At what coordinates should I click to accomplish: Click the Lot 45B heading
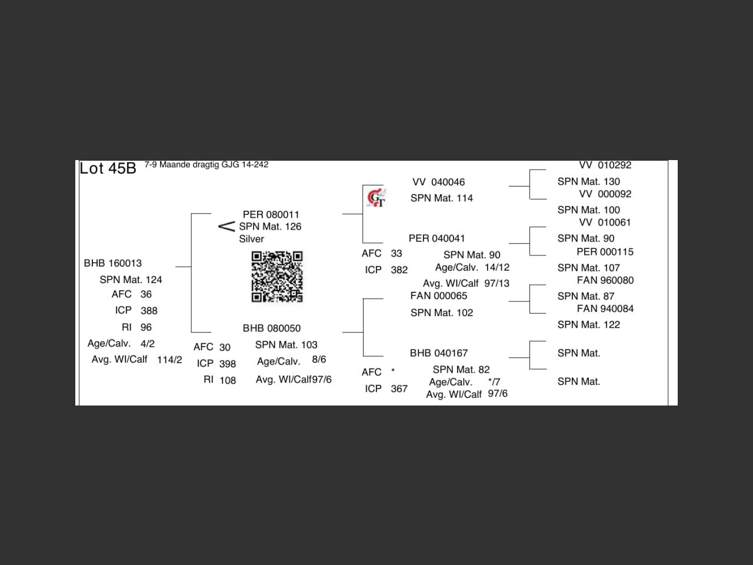coord(108,168)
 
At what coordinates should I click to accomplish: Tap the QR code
coord(277,277)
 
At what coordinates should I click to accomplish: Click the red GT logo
coord(376,198)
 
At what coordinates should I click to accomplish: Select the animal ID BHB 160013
coord(112,263)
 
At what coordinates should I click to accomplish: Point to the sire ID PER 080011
coord(271,214)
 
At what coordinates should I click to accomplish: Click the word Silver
coord(251,239)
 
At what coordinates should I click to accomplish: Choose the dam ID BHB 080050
coord(272,328)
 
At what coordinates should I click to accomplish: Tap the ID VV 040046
coord(438,182)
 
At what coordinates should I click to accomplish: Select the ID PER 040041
coord(437,238)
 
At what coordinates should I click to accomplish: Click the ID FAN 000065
coord(439,295)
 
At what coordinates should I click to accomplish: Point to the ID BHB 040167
coord(439,353)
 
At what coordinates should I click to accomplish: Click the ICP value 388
coord(149,311)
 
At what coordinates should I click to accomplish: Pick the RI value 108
coord(228,380)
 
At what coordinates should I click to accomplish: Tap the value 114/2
coord(169,360)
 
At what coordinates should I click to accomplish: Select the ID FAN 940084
coord(605,309)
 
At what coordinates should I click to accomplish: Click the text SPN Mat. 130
coord(589,181)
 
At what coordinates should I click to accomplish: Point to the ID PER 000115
coord(605,252)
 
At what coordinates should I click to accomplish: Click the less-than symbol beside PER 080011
coord(226,227)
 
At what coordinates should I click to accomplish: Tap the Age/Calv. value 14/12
coord(497,267)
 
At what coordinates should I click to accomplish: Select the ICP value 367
coord(399,388)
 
